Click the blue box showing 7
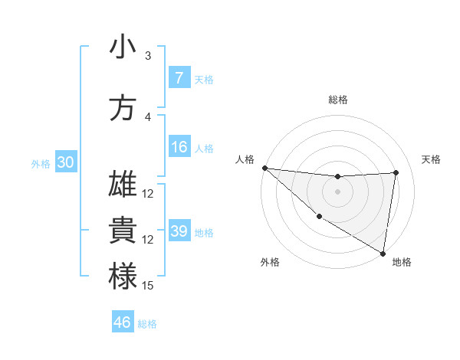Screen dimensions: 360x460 pyautogui.click(x=179, y=78)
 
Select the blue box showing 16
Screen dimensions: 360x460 pyautogui.click(x=179, y=148)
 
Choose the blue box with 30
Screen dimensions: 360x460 pyautogui.click(x=65, y=163)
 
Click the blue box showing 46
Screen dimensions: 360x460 pyautogui.click(x=123, y=322)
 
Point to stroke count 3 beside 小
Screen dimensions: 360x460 pyautogui.click(x=148, y=56)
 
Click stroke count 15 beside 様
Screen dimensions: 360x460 pyautogui.click(x=148, y=286)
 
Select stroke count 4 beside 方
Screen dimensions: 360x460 pyautogui.click(x=148, y=117)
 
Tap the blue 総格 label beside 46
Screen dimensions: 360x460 pyautogui.click(x=147, y=323)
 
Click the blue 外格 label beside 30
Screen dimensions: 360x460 pyautogui.click(x=41, y=164)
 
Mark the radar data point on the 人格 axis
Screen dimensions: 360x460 pyautogui.click(x=264, y=168)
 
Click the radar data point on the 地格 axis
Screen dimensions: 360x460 pyautogui.click(x=383, y=253)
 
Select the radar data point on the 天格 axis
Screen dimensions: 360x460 pyautogui.click(x=396, y=172)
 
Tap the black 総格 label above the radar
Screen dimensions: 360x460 pyautogui.click(x=338, y=100)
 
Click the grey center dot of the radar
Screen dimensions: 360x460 pyautogui.click(x=337, y=191)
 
